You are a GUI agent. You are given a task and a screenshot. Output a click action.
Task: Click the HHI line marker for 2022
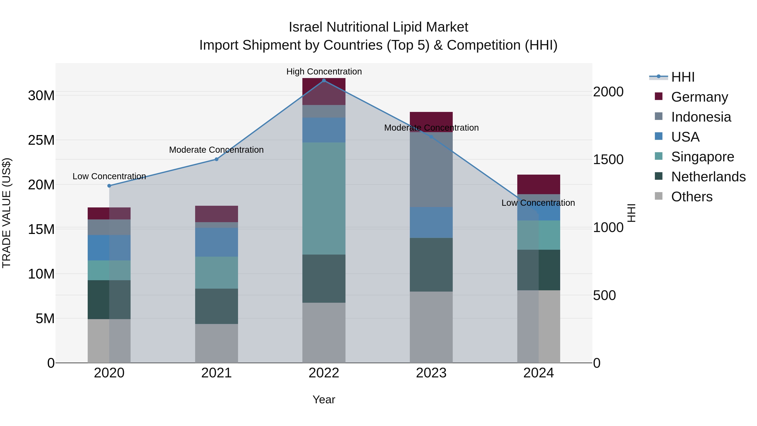(x=324, y=81)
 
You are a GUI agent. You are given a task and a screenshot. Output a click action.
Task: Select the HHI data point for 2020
(x=109, y=186)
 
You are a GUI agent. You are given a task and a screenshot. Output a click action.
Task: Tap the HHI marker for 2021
(x=217, y=159)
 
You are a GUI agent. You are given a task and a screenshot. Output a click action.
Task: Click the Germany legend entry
(x=699, y=97)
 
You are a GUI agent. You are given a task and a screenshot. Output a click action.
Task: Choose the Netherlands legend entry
(x=708, y=177)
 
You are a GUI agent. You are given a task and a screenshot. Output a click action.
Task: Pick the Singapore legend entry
(x=702, y=157)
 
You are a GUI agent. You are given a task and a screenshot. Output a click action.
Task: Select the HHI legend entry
(x=683, y=77)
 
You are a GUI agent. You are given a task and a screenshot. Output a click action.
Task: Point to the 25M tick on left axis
(x=41, y=140)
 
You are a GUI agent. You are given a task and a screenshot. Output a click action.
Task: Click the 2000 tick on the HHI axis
(x=608, y=92)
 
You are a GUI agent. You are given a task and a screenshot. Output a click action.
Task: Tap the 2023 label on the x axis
(x=431, y=373)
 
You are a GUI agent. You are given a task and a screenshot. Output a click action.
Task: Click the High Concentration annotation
(x=324, y=72)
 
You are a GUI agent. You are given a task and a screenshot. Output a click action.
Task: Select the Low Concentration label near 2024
(x=538, y=203)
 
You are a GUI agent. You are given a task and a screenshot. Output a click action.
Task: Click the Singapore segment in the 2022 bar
(x=324, y=198)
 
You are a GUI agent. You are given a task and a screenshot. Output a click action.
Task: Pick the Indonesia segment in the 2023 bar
(x=431, y=169)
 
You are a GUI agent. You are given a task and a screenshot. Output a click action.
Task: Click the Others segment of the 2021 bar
(x=217, y=343)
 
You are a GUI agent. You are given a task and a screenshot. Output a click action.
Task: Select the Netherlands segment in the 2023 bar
(x=431, y=265)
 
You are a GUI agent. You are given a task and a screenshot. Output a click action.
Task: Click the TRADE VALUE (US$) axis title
(x=7, y=213)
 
